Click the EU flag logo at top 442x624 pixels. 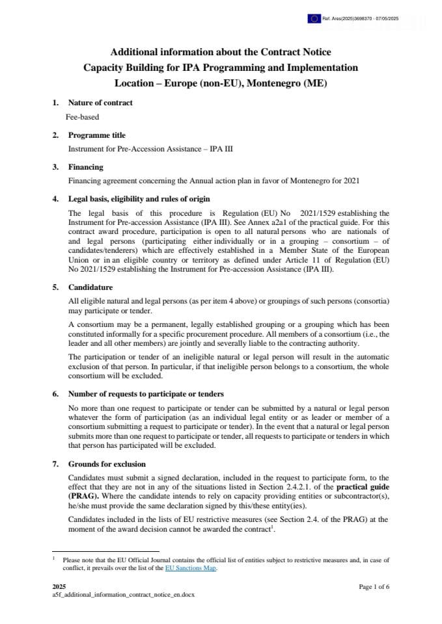coord(314,19)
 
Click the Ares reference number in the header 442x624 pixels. coord(361,19)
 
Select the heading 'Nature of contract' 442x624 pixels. coord(100,103)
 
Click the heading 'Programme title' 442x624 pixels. coord(97,135)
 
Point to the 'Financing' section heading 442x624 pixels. coord(85,167)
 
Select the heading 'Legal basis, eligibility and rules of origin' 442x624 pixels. coord(139,199)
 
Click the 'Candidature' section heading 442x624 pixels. coord(90,287)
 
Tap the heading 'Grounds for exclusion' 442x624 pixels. coord(107,463)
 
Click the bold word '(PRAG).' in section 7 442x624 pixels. coord(81,495)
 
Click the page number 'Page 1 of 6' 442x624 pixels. coord(374,586)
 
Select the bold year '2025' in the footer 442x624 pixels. coord(59,586)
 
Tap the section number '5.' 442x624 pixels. coord(55,287)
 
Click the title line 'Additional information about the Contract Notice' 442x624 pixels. coord(220,52)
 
